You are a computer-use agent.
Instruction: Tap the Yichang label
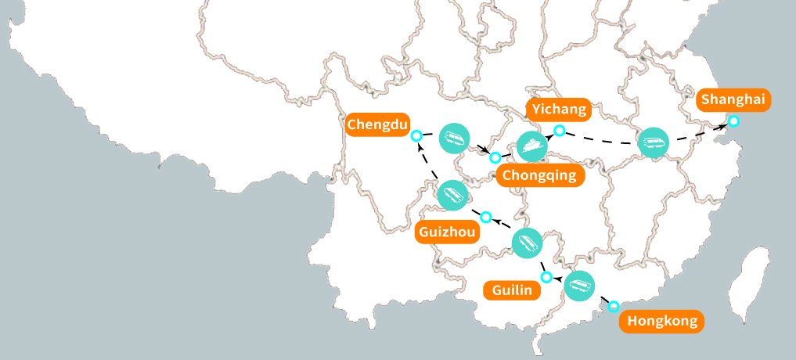coord(557,109)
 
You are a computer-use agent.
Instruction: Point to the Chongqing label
coord(541,175)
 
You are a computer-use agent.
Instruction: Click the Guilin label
coord(513,290)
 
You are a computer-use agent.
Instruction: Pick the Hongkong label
coord(661,320)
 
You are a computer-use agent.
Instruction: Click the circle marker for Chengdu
coord(417,135)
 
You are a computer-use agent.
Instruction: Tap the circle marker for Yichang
coord(560,130)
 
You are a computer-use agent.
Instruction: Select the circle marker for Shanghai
coord(733,121)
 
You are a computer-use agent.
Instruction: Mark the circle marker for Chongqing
coord(495,157)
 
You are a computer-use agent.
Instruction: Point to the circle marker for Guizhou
coord(485,216)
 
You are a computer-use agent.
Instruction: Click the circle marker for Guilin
coord(546,276)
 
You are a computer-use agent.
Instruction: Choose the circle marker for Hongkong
coord(614,305)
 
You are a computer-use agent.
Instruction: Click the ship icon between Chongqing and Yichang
coord(532,146)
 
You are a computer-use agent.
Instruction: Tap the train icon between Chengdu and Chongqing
coord(454,139)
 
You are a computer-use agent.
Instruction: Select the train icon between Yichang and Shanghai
coord(653,142)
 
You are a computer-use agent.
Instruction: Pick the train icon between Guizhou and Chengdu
coord(452,194)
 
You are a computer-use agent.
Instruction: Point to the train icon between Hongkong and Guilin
coord(580,286)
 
